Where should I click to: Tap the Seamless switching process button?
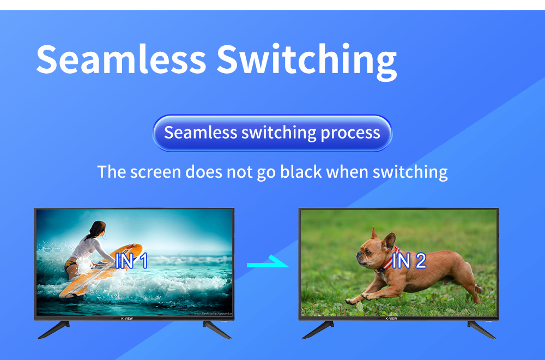click(272, 133)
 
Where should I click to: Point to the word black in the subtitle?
click(300, 172)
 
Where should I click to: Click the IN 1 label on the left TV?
click(131, 261)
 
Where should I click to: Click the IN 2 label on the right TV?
click(409, 261)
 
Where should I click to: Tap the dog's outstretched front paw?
click(352, 299)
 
